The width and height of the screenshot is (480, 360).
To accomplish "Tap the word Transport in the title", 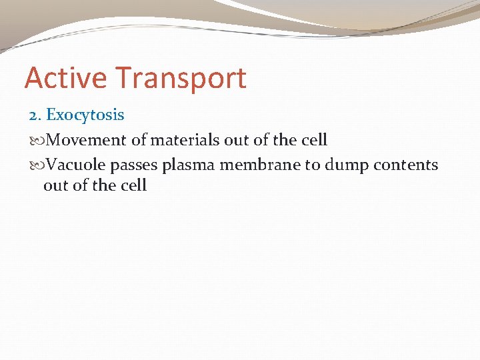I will click(x=181, y=78).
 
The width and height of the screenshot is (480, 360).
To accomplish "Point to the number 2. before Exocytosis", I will click(x=35, y=115).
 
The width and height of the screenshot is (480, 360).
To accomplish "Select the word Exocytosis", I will click(x=85, y=115).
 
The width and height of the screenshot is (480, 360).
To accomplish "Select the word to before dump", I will click(x=313, y=164).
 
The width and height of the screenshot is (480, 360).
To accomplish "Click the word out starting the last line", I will click(x=55, y=185).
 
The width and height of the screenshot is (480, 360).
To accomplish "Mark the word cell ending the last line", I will click(x=133, y=185).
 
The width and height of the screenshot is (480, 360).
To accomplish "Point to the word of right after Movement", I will click(x=138, y=140).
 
